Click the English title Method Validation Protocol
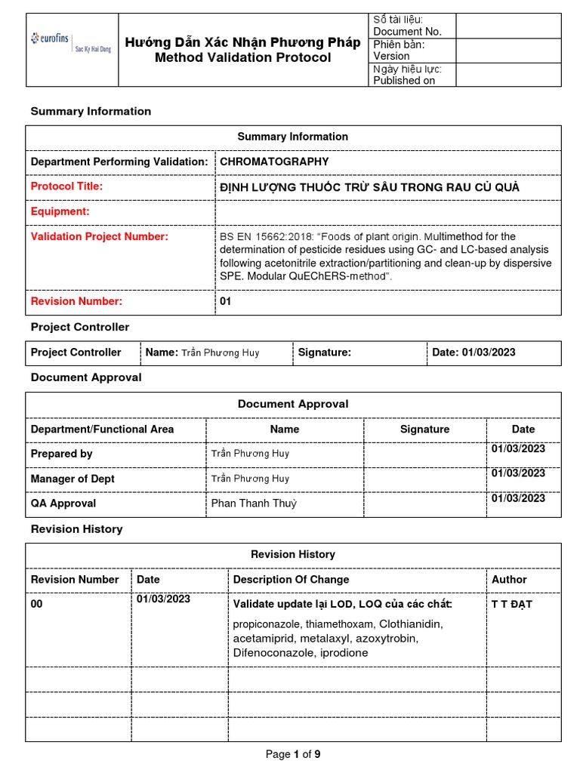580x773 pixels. click(x=242, y=58)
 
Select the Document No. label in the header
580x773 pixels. click(x=407, y=32)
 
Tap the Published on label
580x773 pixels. click(x=404, y=81)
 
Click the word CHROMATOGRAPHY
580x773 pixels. click(x=274, y=162)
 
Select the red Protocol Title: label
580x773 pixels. click(x=66, y=186)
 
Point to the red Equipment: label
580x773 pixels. click(x=60, y=212)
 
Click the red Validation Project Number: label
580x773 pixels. click(x=99, y=237)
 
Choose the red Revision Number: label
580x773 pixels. click(x=76, y=301)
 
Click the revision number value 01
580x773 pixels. click(x=225, y=301)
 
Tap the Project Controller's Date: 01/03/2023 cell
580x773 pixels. click(x=474, y=353)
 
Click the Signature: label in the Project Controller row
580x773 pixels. click(x=325, y=353)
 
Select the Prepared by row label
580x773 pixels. click(x=61, y=454)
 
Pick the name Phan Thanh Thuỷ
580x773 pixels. click(x=254, y=504)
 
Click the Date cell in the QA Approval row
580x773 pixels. click(x=518, y=498)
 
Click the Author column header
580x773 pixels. click(x=509, y=580)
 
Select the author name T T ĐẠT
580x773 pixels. click(x=512, y=605)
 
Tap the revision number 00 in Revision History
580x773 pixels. click(x=37, y=605)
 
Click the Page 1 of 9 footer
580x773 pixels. click(x=293, y=754)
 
